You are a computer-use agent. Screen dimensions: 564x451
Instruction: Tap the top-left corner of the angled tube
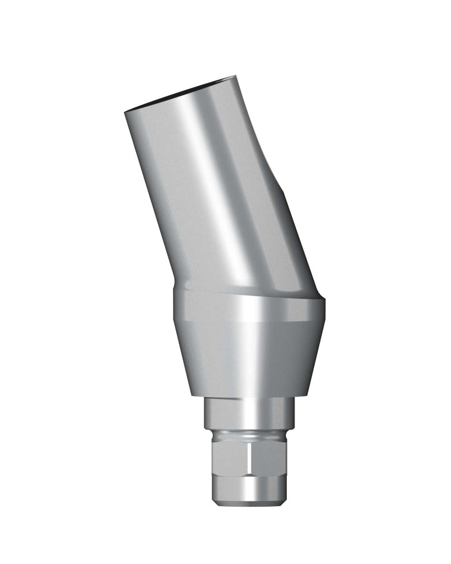point(126,112)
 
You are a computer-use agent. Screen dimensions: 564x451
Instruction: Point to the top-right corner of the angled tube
point(235,77)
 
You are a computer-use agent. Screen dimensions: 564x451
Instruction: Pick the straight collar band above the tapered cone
point(248,308)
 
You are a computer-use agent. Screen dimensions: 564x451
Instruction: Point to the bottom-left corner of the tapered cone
point(191,394)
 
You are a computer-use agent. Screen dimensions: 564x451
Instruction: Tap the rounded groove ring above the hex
point(248,435)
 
